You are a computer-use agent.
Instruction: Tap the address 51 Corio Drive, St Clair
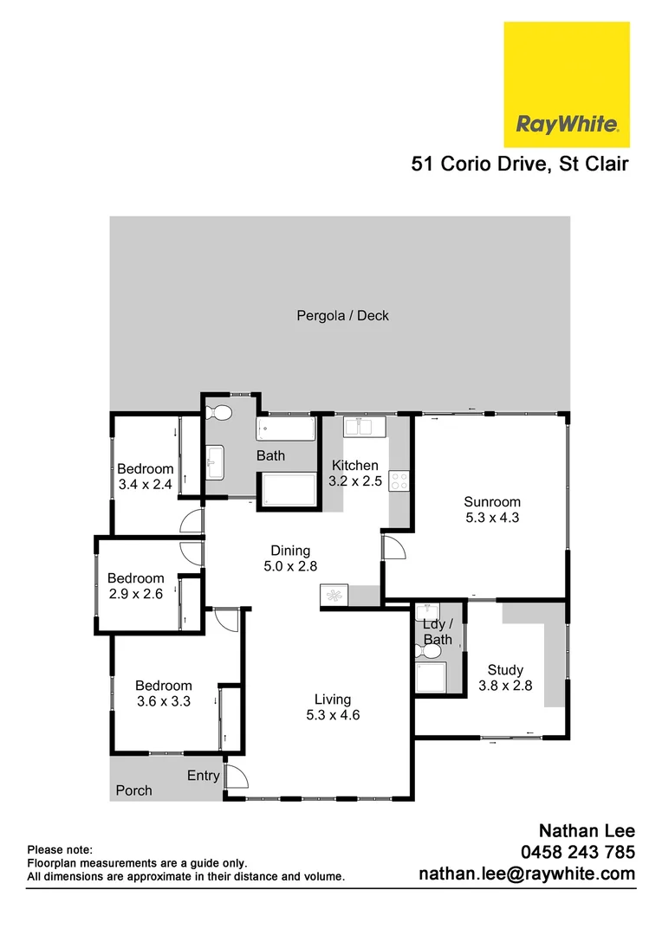tap(520, 164)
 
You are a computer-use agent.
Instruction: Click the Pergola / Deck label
tap(342, 316)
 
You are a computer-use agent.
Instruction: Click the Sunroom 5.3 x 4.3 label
tap(491, 509)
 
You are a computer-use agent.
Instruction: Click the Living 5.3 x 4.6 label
tap(333, 707)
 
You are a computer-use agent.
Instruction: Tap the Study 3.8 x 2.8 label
tap(504, 677)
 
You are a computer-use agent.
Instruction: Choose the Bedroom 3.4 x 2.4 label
tap(146, 477)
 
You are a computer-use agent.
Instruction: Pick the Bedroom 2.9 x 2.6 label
tap(135, 586)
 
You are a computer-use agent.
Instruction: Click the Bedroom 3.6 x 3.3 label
tap(163, 694)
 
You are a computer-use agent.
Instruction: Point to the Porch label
tap(133, 790)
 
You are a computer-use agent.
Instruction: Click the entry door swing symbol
tap(234, 776)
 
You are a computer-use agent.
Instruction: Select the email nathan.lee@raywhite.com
tap(527, 874)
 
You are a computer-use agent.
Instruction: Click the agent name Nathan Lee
tap(587, 832)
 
